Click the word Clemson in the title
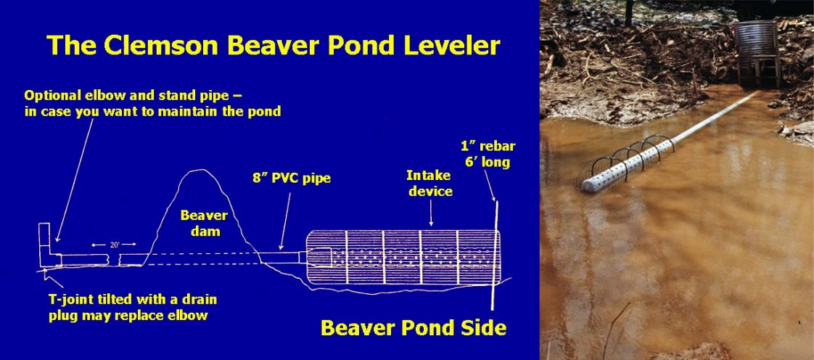tap(165, 46)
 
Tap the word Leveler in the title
tap(450, 46)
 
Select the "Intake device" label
tap(430, 184)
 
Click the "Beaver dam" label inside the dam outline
tap(205, 222)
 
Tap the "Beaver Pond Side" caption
tap(413, 327)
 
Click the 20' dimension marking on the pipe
tap(115, 245)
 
